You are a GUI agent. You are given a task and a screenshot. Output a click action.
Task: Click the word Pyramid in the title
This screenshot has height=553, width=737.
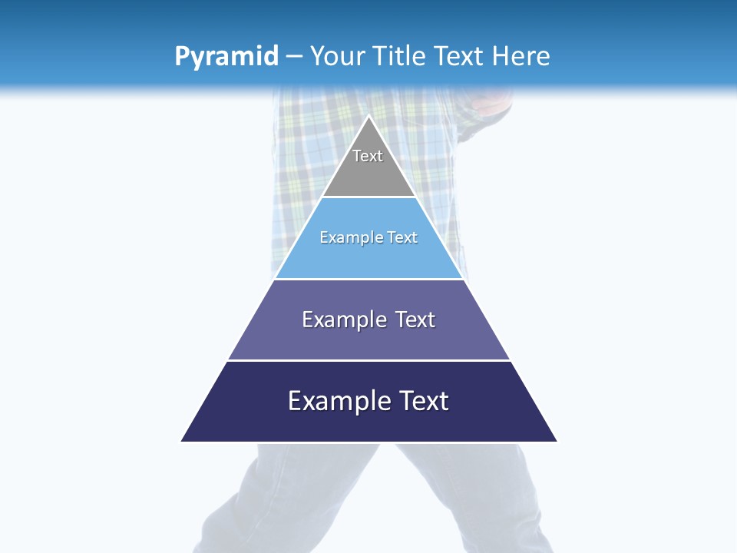click(x=226, y=57)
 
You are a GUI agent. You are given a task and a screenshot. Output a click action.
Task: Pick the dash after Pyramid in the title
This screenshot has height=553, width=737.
click(x=293, y=57)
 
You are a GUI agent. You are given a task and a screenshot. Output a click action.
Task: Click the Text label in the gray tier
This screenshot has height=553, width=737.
click(x=368, y=156)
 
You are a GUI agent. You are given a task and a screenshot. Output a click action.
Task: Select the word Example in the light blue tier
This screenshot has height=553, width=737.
click(x=350, y=238)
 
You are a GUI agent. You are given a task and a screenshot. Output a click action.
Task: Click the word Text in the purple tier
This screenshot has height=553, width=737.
click(x=415, y=320)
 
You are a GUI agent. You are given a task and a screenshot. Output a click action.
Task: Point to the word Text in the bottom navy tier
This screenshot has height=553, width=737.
click(x=423, y=401)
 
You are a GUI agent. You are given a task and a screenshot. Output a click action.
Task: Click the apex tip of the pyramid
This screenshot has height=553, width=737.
click(x=368, y=117)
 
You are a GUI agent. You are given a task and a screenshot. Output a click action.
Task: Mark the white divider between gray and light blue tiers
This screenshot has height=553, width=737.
click(x=368, y=197)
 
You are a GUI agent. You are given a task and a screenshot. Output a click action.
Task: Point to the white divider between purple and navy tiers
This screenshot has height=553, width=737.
click(x=368, y=360)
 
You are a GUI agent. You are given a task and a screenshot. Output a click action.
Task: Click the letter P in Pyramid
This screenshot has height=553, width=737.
click(x=182, y=56)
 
